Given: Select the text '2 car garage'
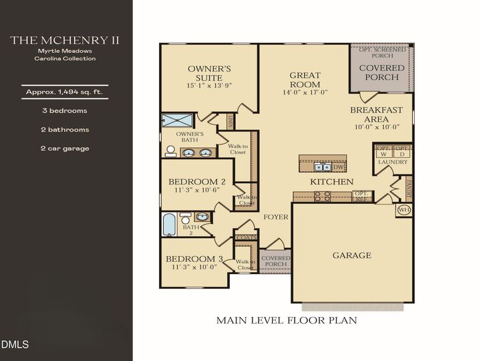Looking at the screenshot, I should [x=64, y=148].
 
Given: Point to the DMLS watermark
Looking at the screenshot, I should [x=15, y=345].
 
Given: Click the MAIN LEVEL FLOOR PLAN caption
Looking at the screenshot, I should [x=286, y=320].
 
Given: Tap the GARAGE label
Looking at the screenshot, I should [x=351, y=255].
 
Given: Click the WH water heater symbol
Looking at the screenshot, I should [x=403, y=210].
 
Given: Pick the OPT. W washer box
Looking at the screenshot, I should [x=383, y=151].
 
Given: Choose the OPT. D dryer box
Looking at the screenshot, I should [x=401, y=151].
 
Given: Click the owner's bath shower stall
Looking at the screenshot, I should [x=176, y=120].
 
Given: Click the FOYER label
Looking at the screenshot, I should [x=275, y=217].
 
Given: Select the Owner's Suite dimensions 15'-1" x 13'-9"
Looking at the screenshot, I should [x=209, y=86].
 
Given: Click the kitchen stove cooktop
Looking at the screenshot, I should [x=322, y=196].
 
